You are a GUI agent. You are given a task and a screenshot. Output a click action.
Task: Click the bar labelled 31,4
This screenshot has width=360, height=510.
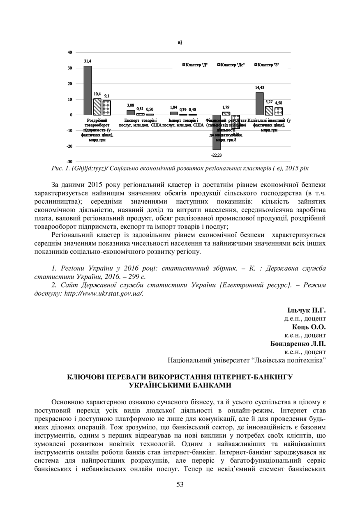click(x=88, y=90)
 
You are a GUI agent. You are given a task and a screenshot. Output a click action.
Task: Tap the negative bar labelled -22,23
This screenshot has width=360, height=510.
click(x=216, y=132)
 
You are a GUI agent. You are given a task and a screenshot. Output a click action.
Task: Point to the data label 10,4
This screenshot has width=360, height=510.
click(x=97, y=94)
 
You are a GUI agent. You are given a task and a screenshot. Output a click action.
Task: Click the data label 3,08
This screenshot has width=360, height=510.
click(x=130, y=106)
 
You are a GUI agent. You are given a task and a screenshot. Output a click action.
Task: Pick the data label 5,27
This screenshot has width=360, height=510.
click(x=269, y=102)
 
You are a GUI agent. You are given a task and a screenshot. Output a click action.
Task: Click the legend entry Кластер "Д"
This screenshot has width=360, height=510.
click(x=195, y=65)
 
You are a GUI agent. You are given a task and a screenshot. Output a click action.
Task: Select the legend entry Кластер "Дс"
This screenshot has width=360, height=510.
click(x=231, y=65)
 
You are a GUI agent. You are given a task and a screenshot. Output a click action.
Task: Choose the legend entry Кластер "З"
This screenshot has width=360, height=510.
click(x=268, y=65)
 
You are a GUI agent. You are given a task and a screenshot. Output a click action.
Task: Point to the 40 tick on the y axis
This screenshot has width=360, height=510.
click(x=70, y=52)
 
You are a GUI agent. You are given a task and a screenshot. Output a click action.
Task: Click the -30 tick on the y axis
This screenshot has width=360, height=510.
click(x=69, y=162)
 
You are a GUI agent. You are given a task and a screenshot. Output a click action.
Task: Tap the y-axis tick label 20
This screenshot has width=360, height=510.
click(x=70, y=83)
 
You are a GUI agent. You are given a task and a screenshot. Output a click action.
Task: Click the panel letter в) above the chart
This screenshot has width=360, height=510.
click(x=180, y=42)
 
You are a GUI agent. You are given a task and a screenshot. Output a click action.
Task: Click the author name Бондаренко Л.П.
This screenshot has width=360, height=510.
click(x=298, y=343)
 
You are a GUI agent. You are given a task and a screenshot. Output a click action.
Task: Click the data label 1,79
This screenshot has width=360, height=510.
click(x=226, y=107)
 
